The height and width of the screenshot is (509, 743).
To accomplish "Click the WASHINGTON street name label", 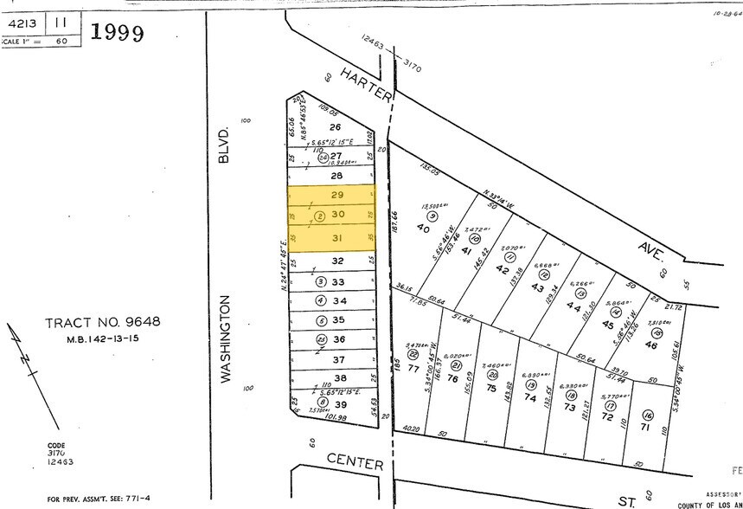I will pyautogui.click(x=226, y=338).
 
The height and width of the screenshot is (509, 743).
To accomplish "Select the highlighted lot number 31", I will pyautogui.click(x=337, y=237).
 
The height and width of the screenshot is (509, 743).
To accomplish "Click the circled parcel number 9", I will pyautogui.click(x=431, y=215).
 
